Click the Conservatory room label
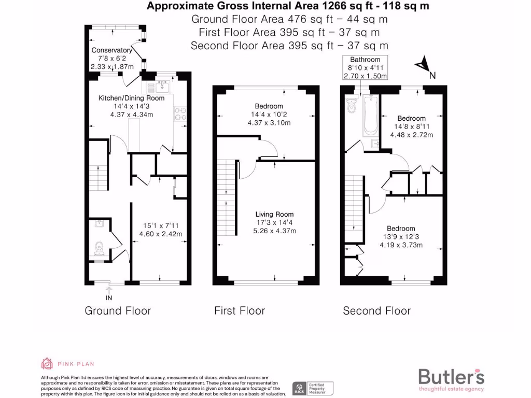[x=111, y=50]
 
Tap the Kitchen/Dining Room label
[x=132, y=98]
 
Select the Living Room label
[x=274, y=214]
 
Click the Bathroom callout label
[x=365, y=60]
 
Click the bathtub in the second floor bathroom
[x=370, y=115]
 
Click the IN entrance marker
[x=109, y=298]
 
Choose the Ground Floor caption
[x=118, y=311]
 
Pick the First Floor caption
[x=240, y=311]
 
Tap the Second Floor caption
[x=376, y=311]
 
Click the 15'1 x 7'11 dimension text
[x=161, y=225]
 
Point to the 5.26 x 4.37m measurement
[x=274, y=231]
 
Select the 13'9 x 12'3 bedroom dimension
[x=401, y=237]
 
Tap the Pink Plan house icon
[x=47, y=364]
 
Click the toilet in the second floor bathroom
[x=351, y=107]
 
